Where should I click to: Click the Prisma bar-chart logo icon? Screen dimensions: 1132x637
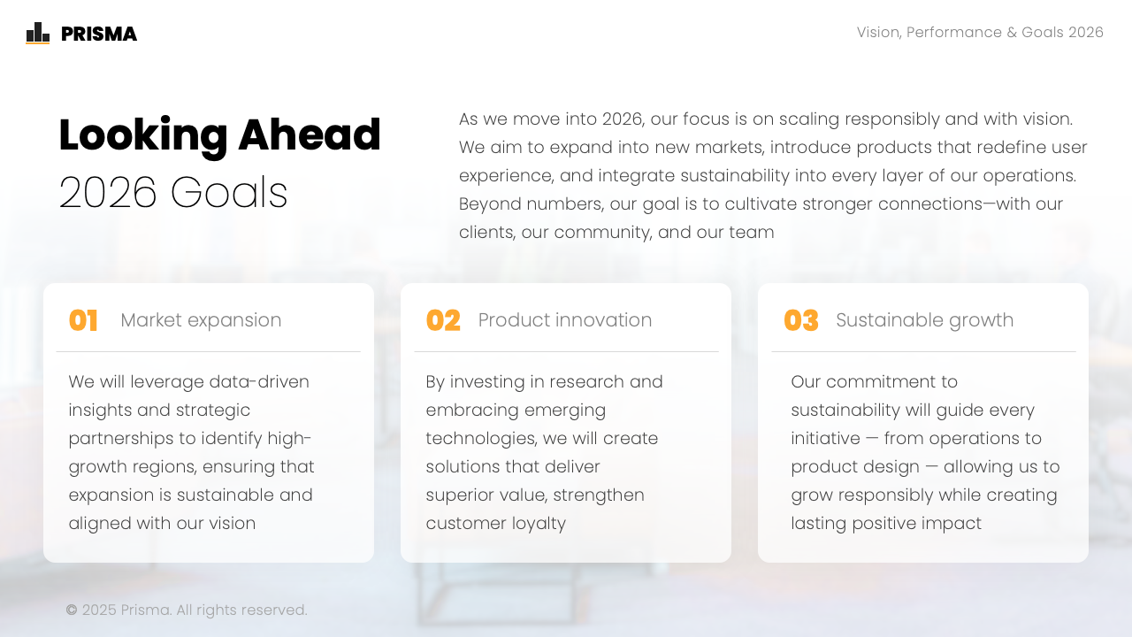38,33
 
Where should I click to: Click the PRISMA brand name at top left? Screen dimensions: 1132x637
99,34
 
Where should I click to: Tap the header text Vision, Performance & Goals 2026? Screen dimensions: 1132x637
980,33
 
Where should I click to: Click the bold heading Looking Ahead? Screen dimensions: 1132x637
220,134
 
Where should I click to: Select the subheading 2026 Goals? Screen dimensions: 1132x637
173,192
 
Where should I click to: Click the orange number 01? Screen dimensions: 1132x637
83,320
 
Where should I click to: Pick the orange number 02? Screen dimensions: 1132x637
443,320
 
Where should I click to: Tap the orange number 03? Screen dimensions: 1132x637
801,320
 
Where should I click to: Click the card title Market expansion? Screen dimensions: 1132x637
201,320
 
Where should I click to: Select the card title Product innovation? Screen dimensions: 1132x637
565,320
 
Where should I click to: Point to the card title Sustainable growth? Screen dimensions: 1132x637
925,320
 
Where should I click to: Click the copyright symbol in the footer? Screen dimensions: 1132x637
72,610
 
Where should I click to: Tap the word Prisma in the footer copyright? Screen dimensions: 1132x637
146,610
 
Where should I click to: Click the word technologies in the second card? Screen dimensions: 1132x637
481,438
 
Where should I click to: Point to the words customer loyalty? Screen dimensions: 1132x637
496,523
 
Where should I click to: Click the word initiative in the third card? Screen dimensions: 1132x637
825,438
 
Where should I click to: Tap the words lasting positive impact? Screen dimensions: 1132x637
886,523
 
